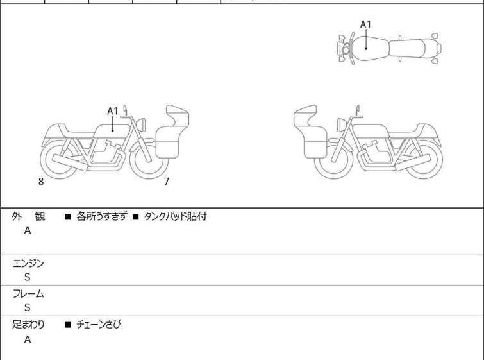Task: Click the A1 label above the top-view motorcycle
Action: [365, 24]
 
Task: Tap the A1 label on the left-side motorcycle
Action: [113, 111]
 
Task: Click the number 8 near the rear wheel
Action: [41, 182]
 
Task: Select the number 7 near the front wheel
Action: [167, 182]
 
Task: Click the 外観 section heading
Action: [28, 216]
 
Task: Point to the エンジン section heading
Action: [28, 264]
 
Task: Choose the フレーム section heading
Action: [28, 293]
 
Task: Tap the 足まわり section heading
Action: [28, 324]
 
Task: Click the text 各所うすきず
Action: [101, 216]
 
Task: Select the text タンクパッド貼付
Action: [175, 216]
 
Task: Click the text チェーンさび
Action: [99, 324]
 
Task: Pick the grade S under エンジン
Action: [28, 277]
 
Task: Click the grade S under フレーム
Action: [28, 307]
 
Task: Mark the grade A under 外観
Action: [28, 230]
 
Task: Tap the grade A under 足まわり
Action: [28, 339]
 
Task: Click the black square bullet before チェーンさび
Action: [68, 325]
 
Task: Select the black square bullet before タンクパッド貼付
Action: [135, 217]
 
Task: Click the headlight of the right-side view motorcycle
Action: [341, 124]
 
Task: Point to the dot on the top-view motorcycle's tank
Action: [366, 49]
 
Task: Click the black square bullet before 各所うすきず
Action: [68, 217]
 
